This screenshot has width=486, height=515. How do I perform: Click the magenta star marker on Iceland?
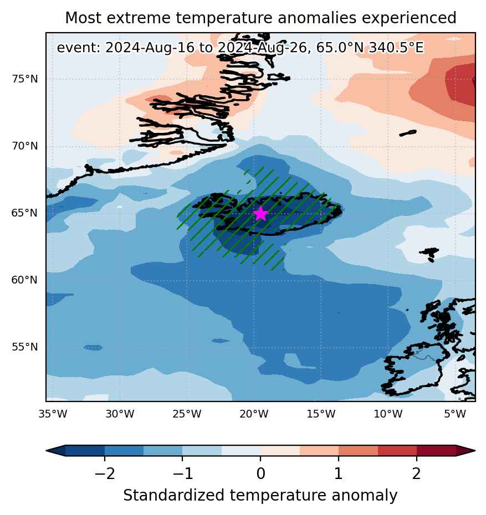pyautogui.click(x=260, y=214)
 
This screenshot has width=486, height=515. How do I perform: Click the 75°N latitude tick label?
pyautogui.click(x=24, y=79)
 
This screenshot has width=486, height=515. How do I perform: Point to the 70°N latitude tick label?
pyautogui.click(x=24, y=146)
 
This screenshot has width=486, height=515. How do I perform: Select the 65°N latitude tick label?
pyautogui.click(x=24, y=213)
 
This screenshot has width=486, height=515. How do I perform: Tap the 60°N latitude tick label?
pyautogui.click(x=24, y=280)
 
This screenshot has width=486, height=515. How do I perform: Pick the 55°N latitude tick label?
pyautogui.click(x=24, y=347)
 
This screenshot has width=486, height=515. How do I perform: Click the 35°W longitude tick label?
pyautogui.click(x=53, y=414)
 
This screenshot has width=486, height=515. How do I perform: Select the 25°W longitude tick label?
pyautogui.click(x=187, y=414)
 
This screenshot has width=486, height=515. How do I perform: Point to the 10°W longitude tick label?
pyautogui.click(x=388, y=414)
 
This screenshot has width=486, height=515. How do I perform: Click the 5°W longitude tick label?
pyautogui.click(x=455, y=414)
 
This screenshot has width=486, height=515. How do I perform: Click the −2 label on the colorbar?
pyautogui.click(x=105, y=474)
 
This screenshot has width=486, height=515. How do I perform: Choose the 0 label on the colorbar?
pyautogui.click(x=260, y=474)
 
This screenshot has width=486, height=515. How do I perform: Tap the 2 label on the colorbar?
pyautogui.click(x=416, y=474)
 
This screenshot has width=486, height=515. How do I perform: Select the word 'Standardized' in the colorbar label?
pyautogui.click(x=174, y=495)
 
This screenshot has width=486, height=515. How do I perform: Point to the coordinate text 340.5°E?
pyautogui.click(x=396, y=48)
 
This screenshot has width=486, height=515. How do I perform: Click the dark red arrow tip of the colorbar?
pyautogui.click(x=466, y=451)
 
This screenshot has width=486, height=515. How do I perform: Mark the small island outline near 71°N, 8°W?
pyautogui.click(x=408, y=133)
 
